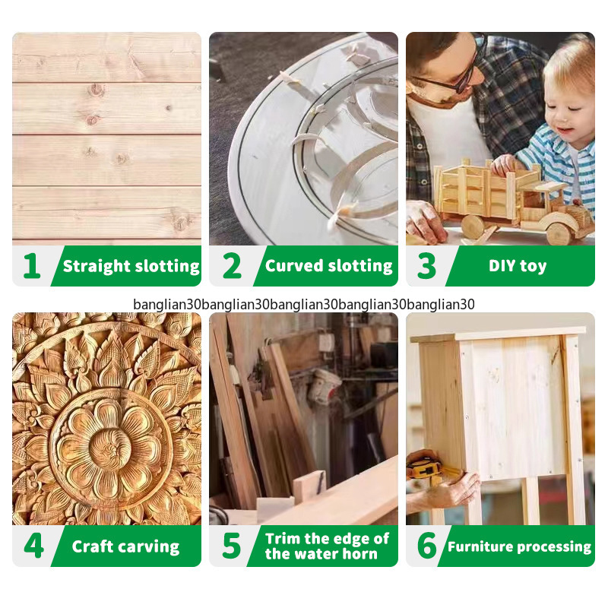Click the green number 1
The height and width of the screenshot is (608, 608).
click(32, 266)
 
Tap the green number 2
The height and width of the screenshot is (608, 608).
click(232, 266)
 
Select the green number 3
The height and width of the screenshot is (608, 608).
click(426, 266)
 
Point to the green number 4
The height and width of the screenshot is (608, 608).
click(33, 546)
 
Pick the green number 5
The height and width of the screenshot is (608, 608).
click(232, 546)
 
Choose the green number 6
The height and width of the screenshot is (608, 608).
click(427, 546)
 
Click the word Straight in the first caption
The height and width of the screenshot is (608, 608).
click(97, 267)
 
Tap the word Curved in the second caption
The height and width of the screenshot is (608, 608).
click(294, 266)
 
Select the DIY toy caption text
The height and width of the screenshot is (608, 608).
click(518, 267)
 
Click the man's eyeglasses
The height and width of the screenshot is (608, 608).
click(458, 72)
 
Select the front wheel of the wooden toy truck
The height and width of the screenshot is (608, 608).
click(559, 233)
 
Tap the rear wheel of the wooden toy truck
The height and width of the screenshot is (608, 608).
click(473, 226)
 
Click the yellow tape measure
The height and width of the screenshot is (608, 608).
click(426, 468)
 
